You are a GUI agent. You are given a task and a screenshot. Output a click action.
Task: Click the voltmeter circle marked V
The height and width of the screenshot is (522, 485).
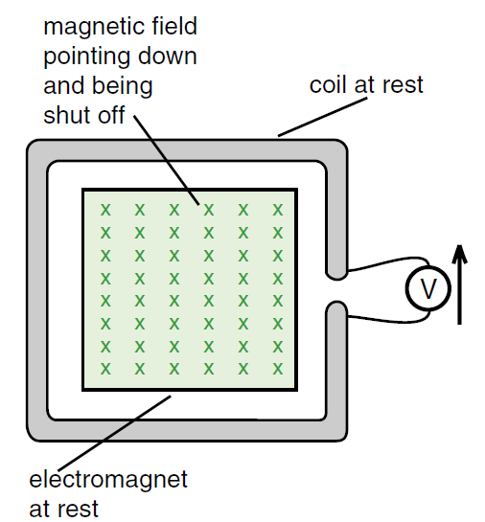pos(428,288)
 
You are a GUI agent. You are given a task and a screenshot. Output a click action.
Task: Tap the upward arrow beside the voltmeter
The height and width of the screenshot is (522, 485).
pos(460,284)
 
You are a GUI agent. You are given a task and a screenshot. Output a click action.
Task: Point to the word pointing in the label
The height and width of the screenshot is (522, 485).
pos(87,57)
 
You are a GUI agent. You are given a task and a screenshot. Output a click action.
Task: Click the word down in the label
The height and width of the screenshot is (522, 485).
pos(167,56)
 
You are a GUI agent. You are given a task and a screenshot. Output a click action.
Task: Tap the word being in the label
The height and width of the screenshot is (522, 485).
pos(122,86)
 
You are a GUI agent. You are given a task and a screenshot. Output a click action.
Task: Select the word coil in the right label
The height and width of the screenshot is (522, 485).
pos(329,84)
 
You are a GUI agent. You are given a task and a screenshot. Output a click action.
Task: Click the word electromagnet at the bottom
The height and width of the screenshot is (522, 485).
pos(108,480)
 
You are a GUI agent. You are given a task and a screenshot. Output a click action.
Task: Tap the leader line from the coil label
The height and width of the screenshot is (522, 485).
pos(322,117)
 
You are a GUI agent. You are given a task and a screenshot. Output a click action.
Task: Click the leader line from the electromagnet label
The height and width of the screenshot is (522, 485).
pos(114,433)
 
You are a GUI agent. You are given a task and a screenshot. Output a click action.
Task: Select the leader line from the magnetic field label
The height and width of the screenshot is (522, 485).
pos(167,160)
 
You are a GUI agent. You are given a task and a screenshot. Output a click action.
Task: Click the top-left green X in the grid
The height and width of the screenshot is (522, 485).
pos(105,210)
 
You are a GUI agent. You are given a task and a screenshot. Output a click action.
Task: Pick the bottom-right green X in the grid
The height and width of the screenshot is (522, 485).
pos(278,369)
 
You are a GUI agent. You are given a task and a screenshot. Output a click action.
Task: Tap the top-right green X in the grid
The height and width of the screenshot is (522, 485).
pos(278,210)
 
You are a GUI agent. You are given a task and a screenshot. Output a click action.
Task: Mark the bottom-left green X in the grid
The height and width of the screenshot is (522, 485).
pos(105,369)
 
